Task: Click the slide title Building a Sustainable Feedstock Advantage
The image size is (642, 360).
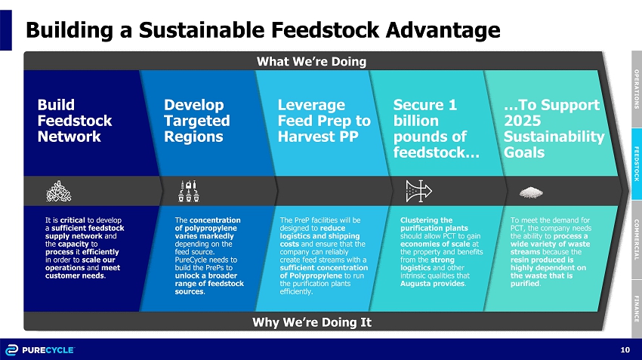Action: pyautogui.click(x=263, y=30)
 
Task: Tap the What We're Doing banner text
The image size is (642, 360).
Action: pyautogui.click(x=311, y=61)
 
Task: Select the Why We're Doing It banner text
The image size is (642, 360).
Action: pyautogui.click(x=312, y=322)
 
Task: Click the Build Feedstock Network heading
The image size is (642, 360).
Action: pyautogui.click(x=75, y=120)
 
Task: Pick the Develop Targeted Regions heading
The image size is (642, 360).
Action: pyautogui.click(x=197, y=120)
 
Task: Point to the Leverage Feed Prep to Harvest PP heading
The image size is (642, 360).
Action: pyautogui.click(x=324, y=120)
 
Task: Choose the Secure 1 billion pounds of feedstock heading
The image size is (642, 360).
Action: pyautogui.click(x=436, y=128)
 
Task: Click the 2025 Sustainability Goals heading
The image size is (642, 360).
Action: pyautogui.click(x=554, y=128)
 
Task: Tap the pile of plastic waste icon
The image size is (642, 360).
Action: pyautogui.click(x=59, y=191)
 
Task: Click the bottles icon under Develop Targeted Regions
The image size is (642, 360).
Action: pyautogui.click(x=189, y=191)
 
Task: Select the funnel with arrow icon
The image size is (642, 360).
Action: pyautogui.click(x=418, y=191)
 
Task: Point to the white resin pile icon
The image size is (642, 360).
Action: pyautogui.click(x=531, y=192)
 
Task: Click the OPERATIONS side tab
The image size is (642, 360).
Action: pyautogui.click(x=637, y=89)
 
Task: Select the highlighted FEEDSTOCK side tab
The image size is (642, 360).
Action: pyautogui.click(x=637, y=164)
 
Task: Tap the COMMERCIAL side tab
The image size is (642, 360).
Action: pyautogui.click(x=637, y=240)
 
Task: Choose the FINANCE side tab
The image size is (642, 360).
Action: pyautogui.click(x=637, y=309)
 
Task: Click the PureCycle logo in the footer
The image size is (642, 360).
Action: pyautogui.click(x=40, y=350)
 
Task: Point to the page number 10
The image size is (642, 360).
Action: pyautogui.click(x=625, y=349)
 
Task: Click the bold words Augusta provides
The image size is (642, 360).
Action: pyautogui.click(x=433, y=284)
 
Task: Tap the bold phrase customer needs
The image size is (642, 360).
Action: pyautogui.click(x=75, y=275)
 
